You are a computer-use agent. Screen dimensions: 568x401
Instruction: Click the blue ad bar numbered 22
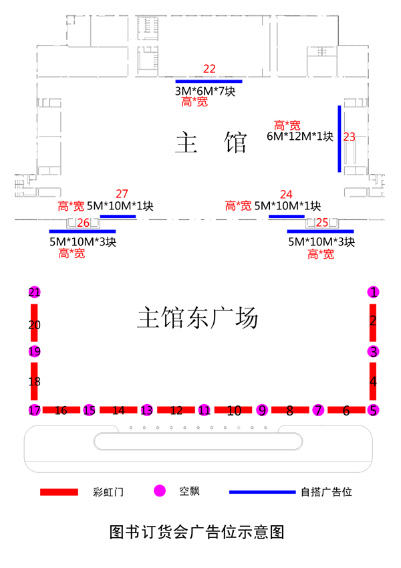coord(209,81)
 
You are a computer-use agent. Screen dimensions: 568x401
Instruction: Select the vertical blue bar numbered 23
coord(340,138)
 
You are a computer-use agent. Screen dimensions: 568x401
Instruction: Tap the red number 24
coord(286,195)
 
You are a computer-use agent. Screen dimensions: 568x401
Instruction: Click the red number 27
coord(122,193)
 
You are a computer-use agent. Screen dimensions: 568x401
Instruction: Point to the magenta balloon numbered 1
coord(374,292)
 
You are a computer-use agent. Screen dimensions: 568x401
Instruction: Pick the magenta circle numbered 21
coord(35,292)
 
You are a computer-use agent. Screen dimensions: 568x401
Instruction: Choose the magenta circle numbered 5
coord(374,410)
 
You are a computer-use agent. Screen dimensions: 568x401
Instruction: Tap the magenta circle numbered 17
coord(35,410)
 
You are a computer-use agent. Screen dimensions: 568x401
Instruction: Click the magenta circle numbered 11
coord(205,410)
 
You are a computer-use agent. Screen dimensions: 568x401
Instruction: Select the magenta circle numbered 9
coord(262,410)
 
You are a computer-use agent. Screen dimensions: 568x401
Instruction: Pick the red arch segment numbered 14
coord(118,410)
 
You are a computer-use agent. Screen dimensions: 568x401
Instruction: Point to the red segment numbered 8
coord(289,410)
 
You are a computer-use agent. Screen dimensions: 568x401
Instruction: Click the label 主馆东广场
coord(197,318)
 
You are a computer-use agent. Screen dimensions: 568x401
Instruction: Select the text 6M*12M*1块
coord(300,136)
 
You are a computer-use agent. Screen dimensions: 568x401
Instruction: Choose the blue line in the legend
coord(262,492)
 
